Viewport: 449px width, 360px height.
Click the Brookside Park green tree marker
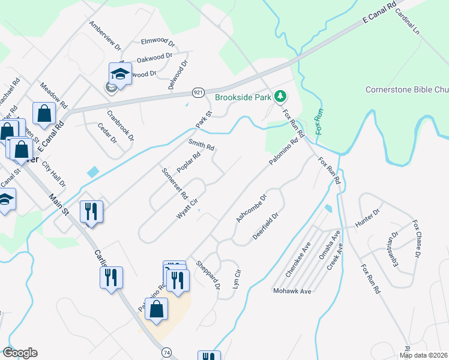[x=280, y=96]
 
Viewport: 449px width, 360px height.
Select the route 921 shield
[x=199, y=92]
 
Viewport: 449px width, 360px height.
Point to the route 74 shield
[x=164, y=351]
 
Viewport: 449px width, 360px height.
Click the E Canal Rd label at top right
[x=381, y=13]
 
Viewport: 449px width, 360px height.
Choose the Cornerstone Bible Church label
[x=407, y=90]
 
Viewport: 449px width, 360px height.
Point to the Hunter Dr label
[x=369, y=219]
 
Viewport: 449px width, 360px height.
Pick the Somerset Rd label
[x=175, y=184]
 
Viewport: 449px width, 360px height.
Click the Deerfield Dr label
[x=265, y=226]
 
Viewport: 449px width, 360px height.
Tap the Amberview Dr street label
[x=104, y=35]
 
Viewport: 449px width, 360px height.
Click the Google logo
[x=20, y=353]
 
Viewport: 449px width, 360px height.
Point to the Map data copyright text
[x=423, y=355]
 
